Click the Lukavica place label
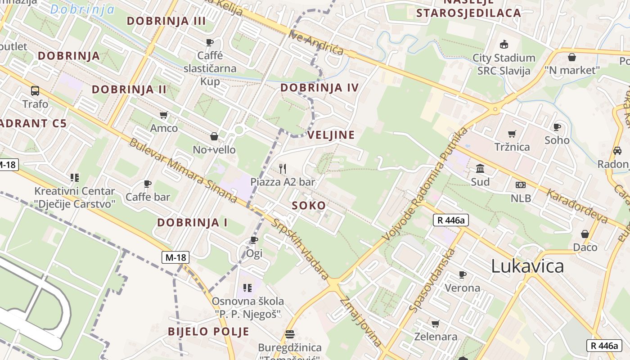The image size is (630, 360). [x=527, y=266]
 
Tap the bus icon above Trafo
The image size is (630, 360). [x=35, y=91]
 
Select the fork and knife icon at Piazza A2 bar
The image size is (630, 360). [x=283, y=169]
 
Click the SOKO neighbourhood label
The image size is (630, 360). [x=309, y=206]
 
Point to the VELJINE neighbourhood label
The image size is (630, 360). [x=331, y=135]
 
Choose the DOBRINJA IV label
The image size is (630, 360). [x=319, y=87]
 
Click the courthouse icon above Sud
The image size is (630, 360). [x=480, y=169]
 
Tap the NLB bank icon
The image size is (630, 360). [x=521, y=185]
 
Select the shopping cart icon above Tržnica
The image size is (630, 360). [x=512, y=134]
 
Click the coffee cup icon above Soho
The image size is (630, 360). [x=557, y=127]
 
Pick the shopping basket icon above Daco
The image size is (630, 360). [x=585, y=234]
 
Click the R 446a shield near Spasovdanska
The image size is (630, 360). [x=451, y=220]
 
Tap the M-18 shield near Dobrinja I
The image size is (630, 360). [x=175, y=257]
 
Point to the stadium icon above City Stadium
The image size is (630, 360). [x=504, y=45]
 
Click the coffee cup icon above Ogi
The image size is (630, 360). [x=254, y=240]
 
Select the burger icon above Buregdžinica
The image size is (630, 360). [x=289, y=334]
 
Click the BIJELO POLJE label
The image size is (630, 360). [x=208, y=332]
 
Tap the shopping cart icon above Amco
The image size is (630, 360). [x=164, y=115]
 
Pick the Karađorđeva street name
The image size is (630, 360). [x=577, y=207]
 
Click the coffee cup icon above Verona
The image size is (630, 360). [x=462, y=274]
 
